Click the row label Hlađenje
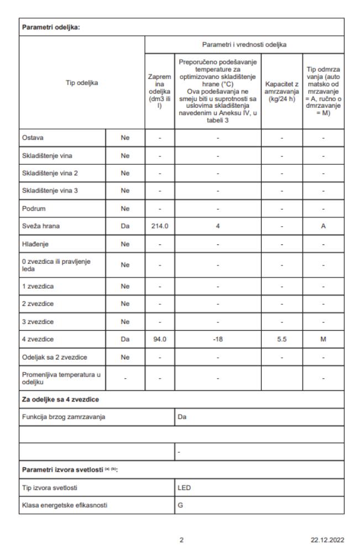coord(35,242)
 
